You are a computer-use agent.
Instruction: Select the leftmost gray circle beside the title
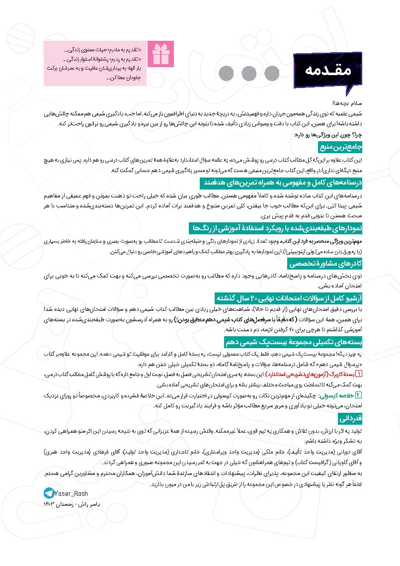227,73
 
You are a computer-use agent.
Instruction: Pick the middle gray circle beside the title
249,73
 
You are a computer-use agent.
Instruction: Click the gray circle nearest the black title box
272,73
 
